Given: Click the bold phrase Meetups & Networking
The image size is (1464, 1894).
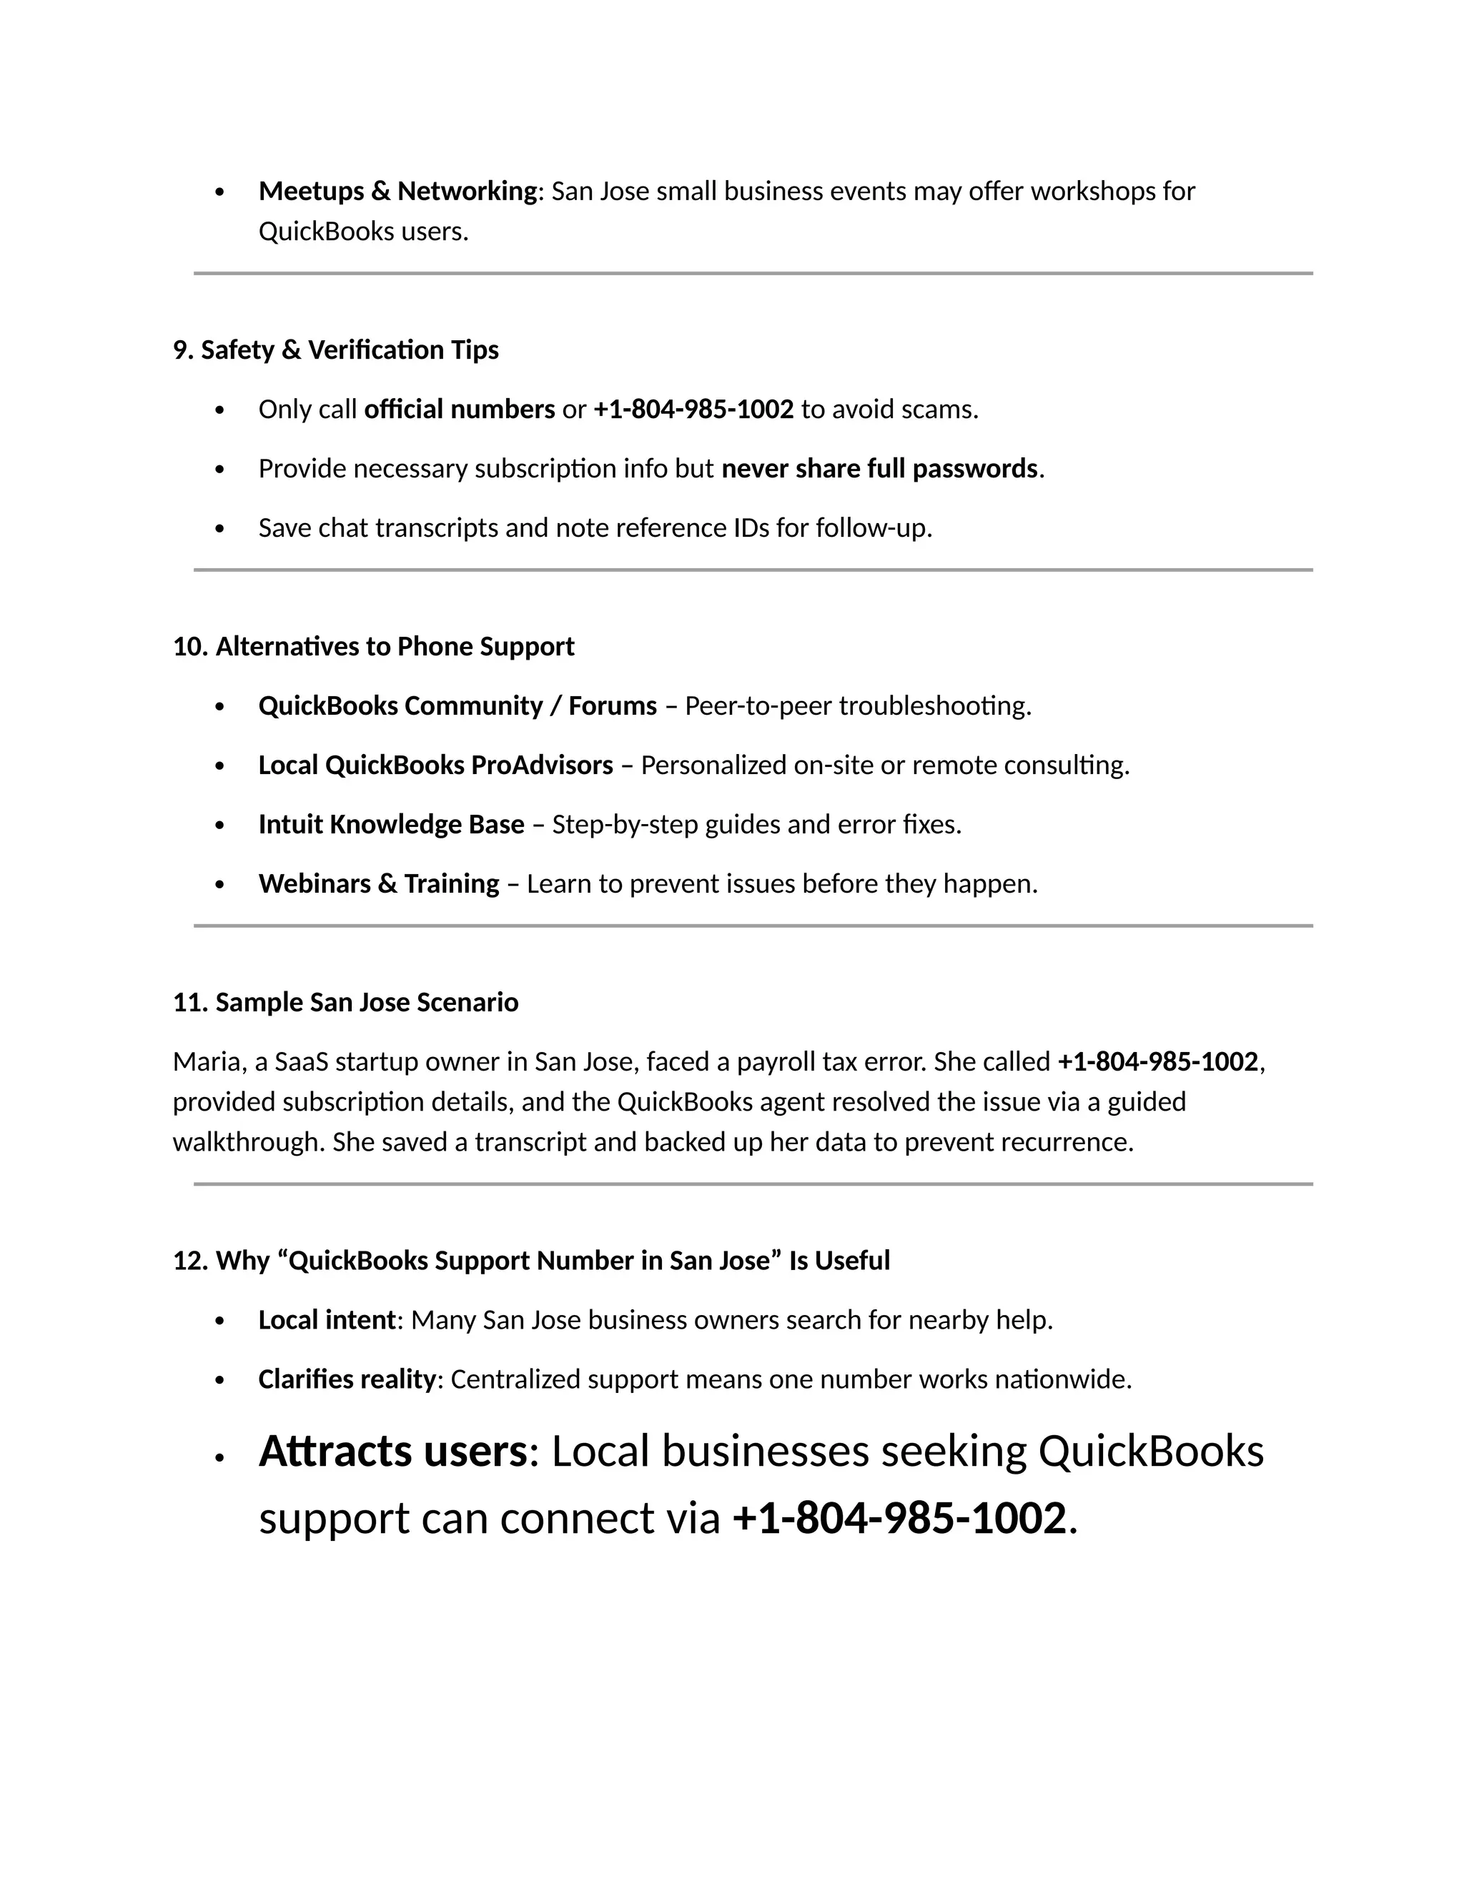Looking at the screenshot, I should [x=397, y=191].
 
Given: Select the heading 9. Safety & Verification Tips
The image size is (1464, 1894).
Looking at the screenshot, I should [x=336, y=349].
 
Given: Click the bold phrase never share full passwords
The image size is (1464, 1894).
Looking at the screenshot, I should [x=879, y=468].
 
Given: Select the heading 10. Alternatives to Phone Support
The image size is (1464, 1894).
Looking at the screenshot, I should [x=373, y=646].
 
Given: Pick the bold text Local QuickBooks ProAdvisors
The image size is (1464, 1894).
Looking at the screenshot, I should [x=435, y=765].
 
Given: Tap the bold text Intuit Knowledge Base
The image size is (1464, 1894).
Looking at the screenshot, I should [x=391, y=824].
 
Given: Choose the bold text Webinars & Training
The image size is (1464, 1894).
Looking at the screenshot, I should [x=378, y=883].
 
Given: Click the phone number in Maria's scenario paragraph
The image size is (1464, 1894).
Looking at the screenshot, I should [x=1157, y=1061].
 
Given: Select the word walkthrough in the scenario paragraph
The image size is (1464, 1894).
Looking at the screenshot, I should [x=248, y=1141].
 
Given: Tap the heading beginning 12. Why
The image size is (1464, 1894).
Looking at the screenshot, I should [x=531, y=1260].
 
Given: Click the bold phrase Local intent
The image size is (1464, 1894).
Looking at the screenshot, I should [x=327, y=1319].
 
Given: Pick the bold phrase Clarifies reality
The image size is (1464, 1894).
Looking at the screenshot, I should [x=346, y=1379].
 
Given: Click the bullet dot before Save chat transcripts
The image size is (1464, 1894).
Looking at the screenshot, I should [x=219, y=529].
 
